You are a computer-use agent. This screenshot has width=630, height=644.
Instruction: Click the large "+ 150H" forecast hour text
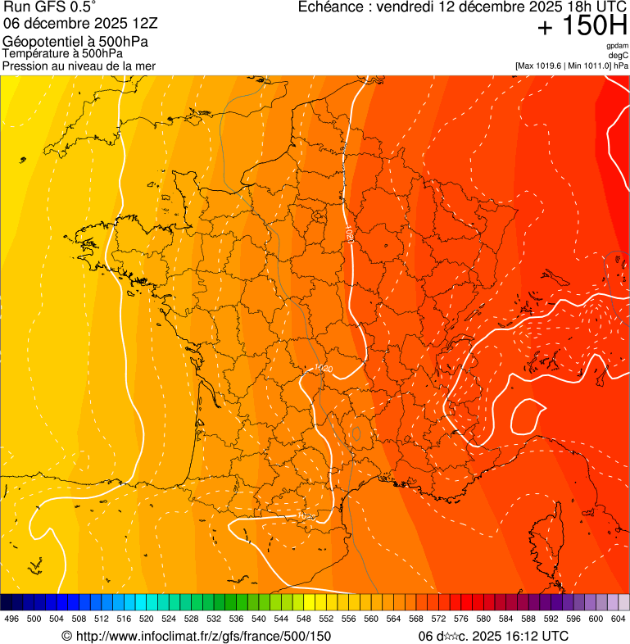pyautogui.click(x=582, y=27)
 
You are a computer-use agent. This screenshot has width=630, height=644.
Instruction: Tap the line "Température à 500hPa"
pyautogui.click(x=62, y=53)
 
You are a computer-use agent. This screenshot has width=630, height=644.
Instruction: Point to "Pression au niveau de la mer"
pyautogui.click(x=79, y=66)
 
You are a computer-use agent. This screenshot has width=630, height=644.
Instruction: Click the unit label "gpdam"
pyautogui.click(x=617, y=46)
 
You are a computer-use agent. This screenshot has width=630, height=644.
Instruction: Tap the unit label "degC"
pyautogui.click(x=619, y=55)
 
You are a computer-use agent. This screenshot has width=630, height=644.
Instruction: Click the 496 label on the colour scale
pyautogui.click(x=11, y=619)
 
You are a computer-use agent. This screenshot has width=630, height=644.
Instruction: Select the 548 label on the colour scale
pyautogui.click(x=303, y=619)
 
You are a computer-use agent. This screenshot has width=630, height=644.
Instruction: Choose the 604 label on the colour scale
pyautogui.click(x=618, y=619)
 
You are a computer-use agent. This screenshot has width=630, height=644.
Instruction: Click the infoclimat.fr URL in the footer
pyautogui.click(x=204, y=636)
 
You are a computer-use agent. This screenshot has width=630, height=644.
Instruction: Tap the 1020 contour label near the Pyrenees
pyautogui.click(x=306, y=516)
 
